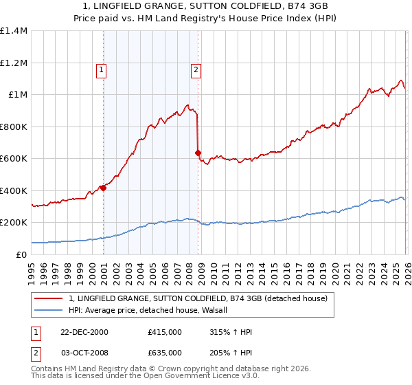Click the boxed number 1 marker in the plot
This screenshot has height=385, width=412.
(x=102, y=69)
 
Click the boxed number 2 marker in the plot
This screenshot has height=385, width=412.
(x=196, y=69)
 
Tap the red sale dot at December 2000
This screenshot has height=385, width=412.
(x=103, y=188)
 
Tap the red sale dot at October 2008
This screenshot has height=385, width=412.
(x=198, y=153)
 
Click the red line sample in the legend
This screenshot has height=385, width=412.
(x=49, y=298)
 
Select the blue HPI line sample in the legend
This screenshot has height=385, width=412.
(x=49, y=310)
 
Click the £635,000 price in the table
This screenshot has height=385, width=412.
(x=165, y=352)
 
